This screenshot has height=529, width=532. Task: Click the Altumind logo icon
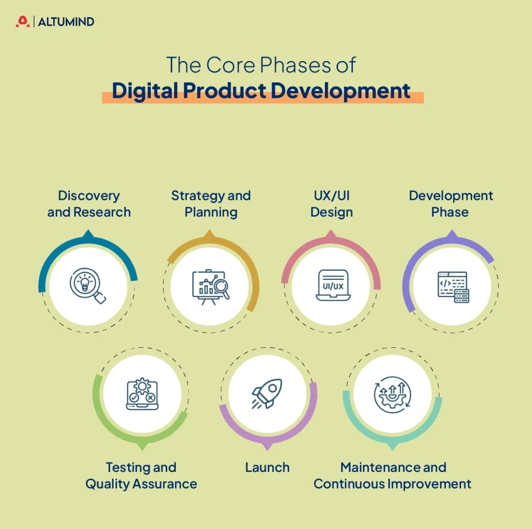click(22, 22)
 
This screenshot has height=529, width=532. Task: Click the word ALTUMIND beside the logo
click(66, 22)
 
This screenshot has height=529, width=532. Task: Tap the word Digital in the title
click(146, 90)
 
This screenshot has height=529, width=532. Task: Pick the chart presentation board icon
click(210, 286)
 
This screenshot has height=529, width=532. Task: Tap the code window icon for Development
click(453, 286)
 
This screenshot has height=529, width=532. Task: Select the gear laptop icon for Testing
click(142, 394)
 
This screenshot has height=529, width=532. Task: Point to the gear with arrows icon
click(392, 394)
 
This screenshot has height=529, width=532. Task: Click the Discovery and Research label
click(89, 204)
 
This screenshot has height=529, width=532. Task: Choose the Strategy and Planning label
click(211, 204)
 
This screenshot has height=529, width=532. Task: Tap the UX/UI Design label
click(331, 204)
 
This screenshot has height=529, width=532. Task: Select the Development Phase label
click(451, 204)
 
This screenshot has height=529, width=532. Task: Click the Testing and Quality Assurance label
click(141, 475)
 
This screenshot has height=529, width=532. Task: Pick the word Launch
click(267, 468)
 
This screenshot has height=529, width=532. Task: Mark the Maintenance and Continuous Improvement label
click(392, 475)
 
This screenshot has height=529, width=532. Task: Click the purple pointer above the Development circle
click(452, 235)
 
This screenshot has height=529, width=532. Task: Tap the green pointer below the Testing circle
click(142, 445)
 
